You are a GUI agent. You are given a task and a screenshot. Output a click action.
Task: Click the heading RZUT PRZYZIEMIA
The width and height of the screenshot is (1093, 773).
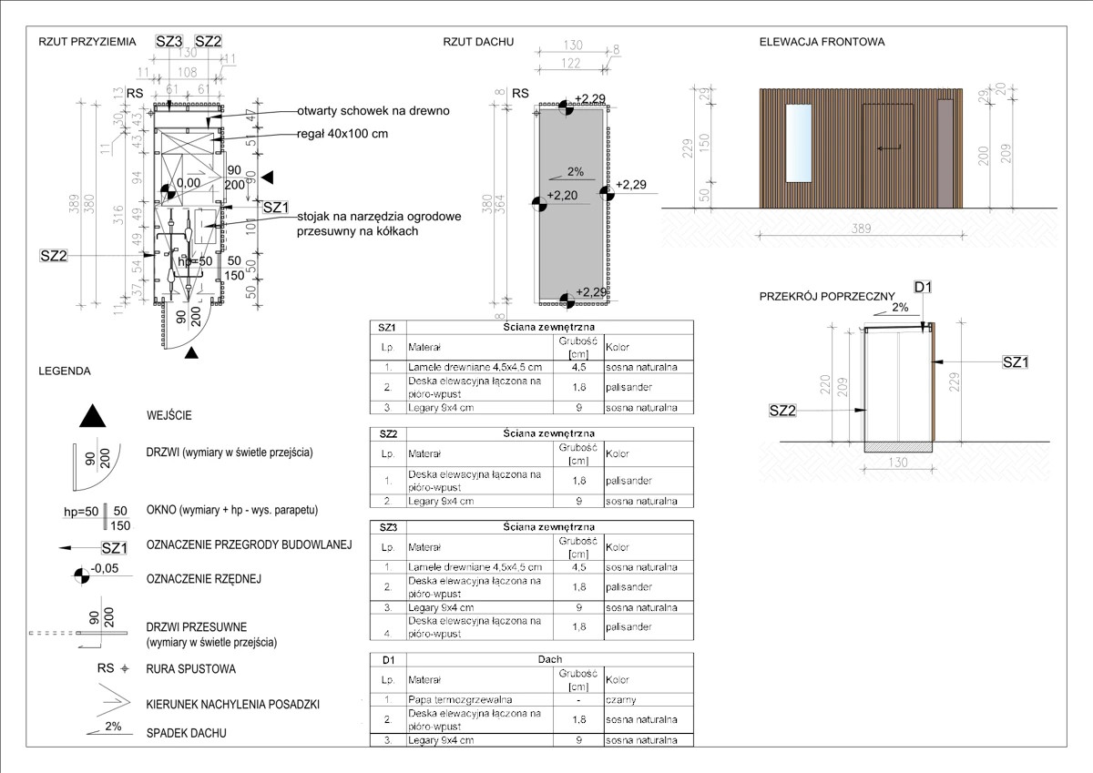coord(87,42)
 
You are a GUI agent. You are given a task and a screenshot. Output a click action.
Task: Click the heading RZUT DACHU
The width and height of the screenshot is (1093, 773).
coord(478,42)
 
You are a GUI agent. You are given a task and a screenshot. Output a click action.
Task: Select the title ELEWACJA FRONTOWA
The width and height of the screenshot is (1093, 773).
coord(822,42)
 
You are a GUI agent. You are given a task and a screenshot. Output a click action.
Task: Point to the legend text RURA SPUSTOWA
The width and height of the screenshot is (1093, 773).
coord(190,669)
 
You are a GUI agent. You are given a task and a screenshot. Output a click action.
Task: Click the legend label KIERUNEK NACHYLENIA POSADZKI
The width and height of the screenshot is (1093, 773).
coord(232,705)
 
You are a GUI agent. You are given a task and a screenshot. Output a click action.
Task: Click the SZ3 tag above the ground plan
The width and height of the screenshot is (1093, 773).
coord(169,41)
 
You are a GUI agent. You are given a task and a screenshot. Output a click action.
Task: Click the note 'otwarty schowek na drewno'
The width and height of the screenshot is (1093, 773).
coord(373,111)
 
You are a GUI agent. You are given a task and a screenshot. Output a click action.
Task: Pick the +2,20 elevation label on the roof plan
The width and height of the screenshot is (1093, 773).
coord(563,196)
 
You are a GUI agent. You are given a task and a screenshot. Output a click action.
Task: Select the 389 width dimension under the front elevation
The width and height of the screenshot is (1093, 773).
coord(857,233)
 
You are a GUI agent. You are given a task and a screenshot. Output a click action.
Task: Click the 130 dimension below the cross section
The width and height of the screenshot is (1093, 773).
coord(898,462)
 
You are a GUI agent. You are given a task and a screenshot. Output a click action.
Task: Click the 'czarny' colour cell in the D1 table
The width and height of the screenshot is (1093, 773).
coord(620,700)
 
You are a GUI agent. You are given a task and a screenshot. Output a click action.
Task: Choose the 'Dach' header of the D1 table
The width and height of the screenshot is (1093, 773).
coord(549,658)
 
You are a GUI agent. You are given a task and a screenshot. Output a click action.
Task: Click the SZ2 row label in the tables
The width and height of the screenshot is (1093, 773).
coord(386,434)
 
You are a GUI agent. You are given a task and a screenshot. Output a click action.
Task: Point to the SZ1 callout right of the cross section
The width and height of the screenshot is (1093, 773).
coord(1015,362)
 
